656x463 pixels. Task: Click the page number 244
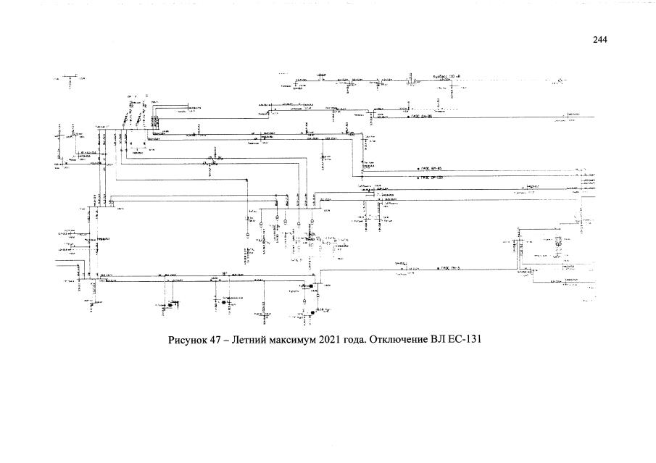599,40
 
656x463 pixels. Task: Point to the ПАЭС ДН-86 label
423,116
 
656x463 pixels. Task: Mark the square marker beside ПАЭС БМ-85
420,168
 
